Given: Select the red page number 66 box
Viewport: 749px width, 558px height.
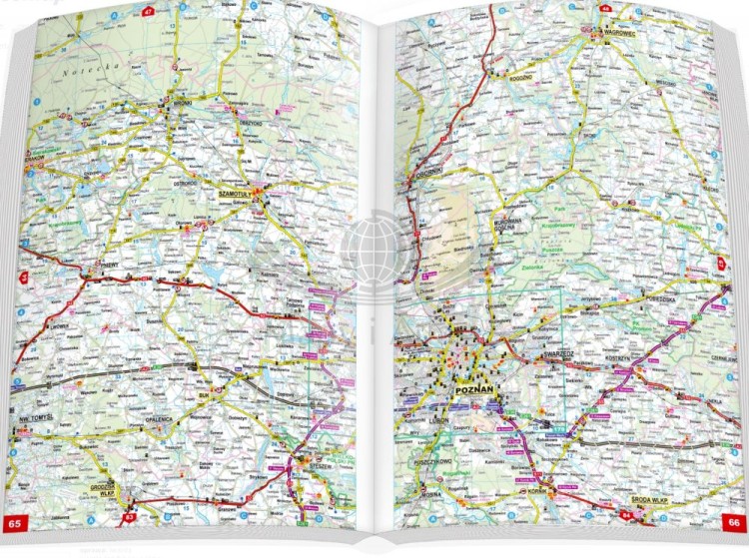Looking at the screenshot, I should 732,521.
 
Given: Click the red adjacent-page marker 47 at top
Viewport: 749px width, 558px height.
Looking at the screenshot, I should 148,12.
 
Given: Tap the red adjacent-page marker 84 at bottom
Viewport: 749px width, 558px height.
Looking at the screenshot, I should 626,516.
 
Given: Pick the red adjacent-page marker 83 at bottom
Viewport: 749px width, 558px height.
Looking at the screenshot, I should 130,518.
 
